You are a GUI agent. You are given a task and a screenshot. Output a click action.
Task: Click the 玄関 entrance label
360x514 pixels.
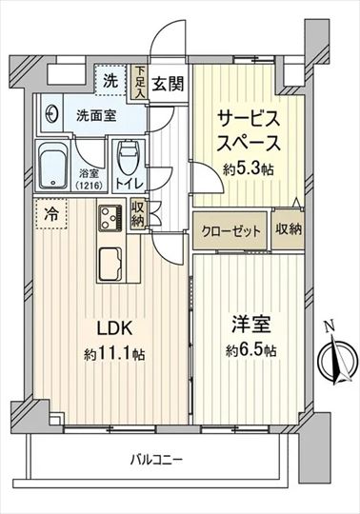pyautogui.click(x=168, y=84)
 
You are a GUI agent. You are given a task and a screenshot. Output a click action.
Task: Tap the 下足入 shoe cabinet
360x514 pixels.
pyautogui.click(x=140, y=82)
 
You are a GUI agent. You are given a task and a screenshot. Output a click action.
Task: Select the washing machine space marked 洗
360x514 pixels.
pyautogui.click(x=110, y=80)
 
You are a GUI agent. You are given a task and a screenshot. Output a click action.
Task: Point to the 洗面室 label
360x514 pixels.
pyautogui.click(x=96, y=115)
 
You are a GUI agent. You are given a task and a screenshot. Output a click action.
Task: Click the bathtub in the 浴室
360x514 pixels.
pyautogui.click(x=52, y=166)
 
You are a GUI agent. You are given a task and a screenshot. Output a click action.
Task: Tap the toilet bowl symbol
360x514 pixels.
pyautogui.click(x=128, y=156)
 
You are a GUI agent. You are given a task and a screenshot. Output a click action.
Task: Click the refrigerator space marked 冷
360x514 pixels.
pyautogui.click(x=50, y=214)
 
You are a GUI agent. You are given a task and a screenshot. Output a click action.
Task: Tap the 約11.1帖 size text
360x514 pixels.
pyautogui.click(x=114, y=354)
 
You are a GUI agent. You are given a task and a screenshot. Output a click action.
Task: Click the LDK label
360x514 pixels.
pyautogui.click(x=114, y=328)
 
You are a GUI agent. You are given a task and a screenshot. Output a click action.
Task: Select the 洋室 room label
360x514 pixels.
pyautogui.click(x=250, y=325)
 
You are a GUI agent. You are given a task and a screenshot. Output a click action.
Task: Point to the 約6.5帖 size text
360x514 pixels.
pyautogui.click(x=251, y=350)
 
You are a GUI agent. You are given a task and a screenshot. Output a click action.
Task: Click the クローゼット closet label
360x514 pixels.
pyautogui.click(x=230, y=231)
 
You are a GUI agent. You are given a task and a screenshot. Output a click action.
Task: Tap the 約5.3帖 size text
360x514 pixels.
pyautogui.click(x=249, y=168)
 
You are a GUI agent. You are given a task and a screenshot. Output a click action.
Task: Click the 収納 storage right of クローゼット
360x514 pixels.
pyautogui.click(x=288, y=229)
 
